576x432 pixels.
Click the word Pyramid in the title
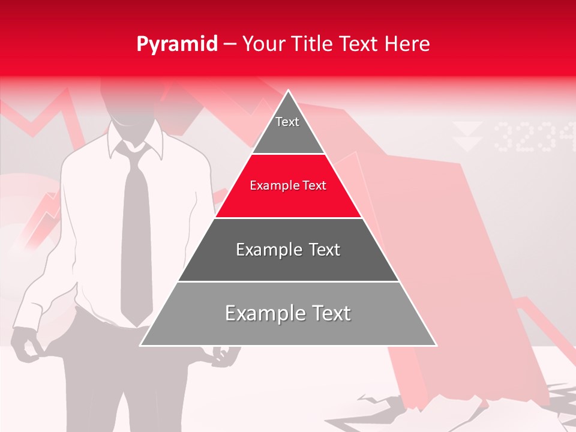point(176,44)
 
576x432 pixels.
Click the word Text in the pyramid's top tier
point(287,122)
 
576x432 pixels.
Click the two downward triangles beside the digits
point(467,136)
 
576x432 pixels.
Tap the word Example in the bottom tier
point(263,313)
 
